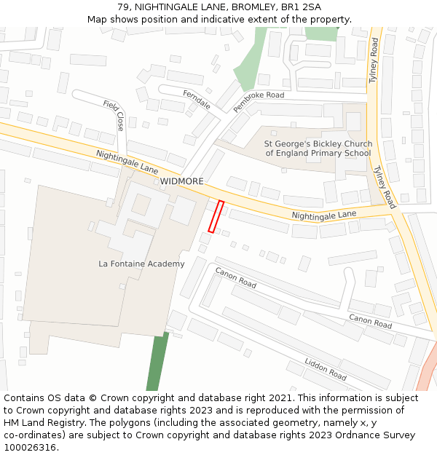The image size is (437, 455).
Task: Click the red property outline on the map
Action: tap(216, 216)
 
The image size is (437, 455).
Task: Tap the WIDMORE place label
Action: tap(182, 181)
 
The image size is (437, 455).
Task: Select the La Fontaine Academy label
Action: tap(141, 264)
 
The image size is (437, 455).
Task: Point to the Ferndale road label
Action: tap(197, 100)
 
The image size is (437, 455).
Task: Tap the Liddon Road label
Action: tap(326, 369)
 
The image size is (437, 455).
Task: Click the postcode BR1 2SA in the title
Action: tap(301, 7)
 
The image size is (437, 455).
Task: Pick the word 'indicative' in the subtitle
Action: tap(223, 19)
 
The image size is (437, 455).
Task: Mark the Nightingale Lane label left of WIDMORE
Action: tap(127, 162)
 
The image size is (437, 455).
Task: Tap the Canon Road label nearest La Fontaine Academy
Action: tap(235, 277)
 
